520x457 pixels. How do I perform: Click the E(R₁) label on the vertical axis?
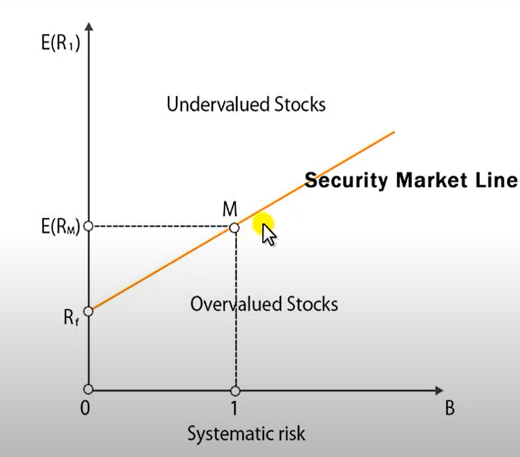click(61, 44)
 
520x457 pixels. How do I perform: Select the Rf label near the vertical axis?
click(72, 317)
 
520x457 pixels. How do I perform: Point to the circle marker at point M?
click(235, 228)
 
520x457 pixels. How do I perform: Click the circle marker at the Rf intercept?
click(88, 311)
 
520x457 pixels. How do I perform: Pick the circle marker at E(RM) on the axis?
click(88, 226)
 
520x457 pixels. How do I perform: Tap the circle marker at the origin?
click(88, 389)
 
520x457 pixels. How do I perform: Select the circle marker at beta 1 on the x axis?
click(235, 390)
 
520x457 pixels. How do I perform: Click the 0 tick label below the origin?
click(86, 408)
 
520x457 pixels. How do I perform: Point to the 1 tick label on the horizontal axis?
click(234, 408)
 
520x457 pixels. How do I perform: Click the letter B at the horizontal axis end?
click(450, 408)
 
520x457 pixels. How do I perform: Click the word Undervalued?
click(210, 104)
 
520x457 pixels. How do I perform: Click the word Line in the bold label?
click(500, 180)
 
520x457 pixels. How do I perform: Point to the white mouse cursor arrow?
click(267, 234)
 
